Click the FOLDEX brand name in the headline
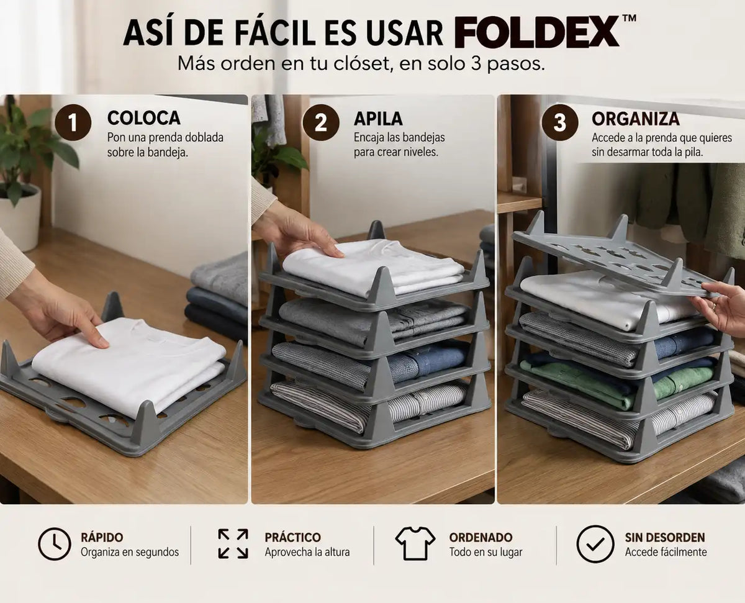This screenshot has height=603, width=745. click(537, 32)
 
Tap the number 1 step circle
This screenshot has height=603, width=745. click(73, 123)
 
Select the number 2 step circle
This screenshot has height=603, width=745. click(321, 123)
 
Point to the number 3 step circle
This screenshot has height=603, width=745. click(559, 123)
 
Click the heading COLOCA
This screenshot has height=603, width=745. click(144, 118)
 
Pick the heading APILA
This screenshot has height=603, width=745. click(378, 119)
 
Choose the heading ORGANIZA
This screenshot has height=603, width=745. click(636, 119)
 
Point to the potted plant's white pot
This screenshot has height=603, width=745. click(20, 217)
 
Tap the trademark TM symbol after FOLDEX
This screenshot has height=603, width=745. click(630, 18)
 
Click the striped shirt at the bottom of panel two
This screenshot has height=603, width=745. click(370, 406)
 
